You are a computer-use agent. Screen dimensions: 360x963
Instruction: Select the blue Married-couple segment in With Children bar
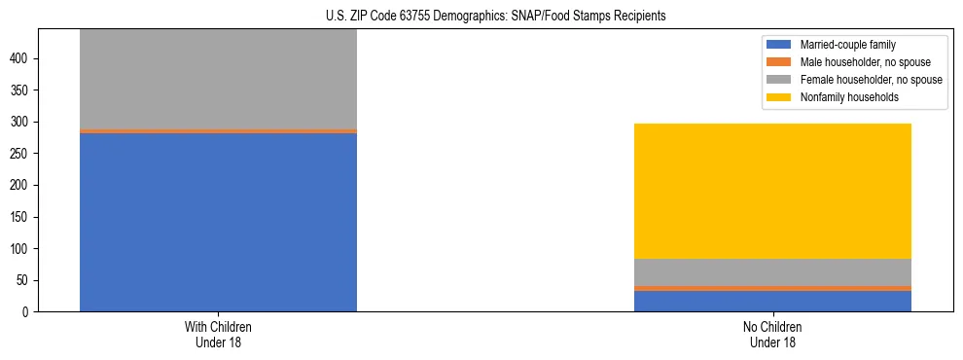coord(218,222)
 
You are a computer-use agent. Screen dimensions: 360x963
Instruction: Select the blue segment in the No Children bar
coord(772,301)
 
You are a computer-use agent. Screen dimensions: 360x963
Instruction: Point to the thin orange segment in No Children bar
coord(772,288)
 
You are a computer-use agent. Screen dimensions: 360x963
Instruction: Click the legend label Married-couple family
coord(847,45)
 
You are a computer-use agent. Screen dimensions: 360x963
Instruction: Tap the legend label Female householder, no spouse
coord(871,80)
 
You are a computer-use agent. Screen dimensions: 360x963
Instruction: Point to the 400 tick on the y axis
coord(24,58)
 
